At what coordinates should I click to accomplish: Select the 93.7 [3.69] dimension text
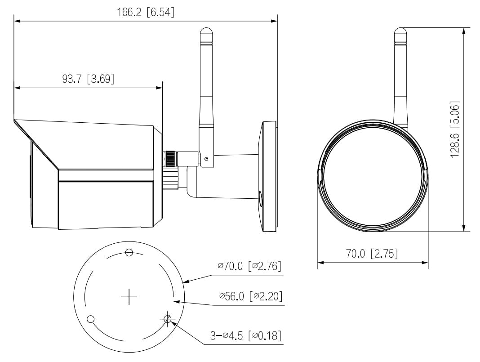pyautogui.click(x=88, y=79)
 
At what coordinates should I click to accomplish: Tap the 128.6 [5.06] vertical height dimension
pyautogui.click(x=455, y=129)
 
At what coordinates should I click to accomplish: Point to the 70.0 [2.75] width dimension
pyautogui.click(x=372, y=254)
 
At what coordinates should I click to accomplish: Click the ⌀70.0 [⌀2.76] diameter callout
pyautogui.click(x=249, y=266)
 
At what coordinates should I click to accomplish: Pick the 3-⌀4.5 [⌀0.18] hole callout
pyautogui.click(x=246, y=335)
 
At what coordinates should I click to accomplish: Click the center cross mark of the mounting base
pyautogui.click(x=129, y=297)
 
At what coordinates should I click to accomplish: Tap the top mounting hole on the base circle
pyautogui.click(x=129, y=252)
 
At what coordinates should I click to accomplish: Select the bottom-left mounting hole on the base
pyautogui.click(x=90, y=319)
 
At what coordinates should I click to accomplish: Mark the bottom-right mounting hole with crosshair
pyautogui.click(x=168, y=319)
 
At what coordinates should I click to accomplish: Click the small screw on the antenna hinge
pyautogui.click(x=206, y=158)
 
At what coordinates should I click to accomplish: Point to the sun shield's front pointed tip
pyautogui.click(x=15, y=121)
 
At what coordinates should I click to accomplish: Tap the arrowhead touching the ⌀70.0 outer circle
pyautogui.click(x=186, y=282)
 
